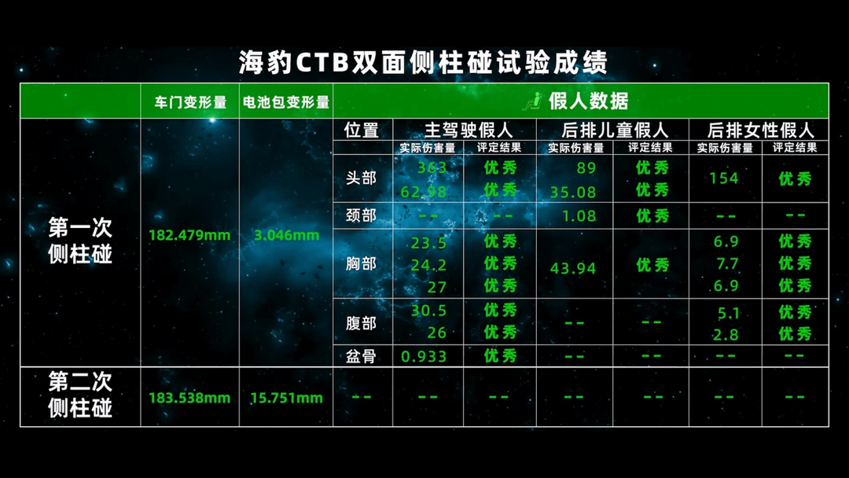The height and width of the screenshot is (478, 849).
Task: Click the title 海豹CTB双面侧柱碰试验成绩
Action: click(x=423, y=62)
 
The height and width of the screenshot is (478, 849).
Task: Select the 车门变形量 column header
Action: click(x=190, y=101)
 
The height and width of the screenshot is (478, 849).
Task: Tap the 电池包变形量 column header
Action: click(x=286, y=101)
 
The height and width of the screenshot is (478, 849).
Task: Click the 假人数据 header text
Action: click(x=588, y=101)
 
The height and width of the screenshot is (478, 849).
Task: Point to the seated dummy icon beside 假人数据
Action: click(x=533, y=101)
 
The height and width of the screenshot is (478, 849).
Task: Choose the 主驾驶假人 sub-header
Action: click(x=469, y=130)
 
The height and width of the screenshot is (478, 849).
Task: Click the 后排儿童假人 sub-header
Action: click(x=615, y=130)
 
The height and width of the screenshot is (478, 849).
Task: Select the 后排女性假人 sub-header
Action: click(x=761, y=130)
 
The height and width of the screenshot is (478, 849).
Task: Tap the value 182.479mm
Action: click(x=189, y=236)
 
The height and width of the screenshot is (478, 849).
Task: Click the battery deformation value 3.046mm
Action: click(x=286, y=236)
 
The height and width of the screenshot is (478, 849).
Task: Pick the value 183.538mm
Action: click(x=189, y=398)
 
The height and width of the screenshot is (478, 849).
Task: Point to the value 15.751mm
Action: click(x=286, y=398)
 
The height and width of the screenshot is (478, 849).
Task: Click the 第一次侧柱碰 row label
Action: click(x=80, y=241)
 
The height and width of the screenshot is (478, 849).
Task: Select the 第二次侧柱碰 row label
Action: click(x=80, y=395)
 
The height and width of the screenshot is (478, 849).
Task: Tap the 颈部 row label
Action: click(x=361, y=215)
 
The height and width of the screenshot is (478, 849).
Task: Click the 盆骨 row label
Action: click(x=361, y=356)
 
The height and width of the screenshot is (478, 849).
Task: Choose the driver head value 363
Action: click(x=432, y=167)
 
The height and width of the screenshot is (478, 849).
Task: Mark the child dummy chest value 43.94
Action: click(x=573, y=268)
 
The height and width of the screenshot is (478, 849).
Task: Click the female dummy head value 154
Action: click(x=724, y=178)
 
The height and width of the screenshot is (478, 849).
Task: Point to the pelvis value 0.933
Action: click(x=424, y=356)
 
